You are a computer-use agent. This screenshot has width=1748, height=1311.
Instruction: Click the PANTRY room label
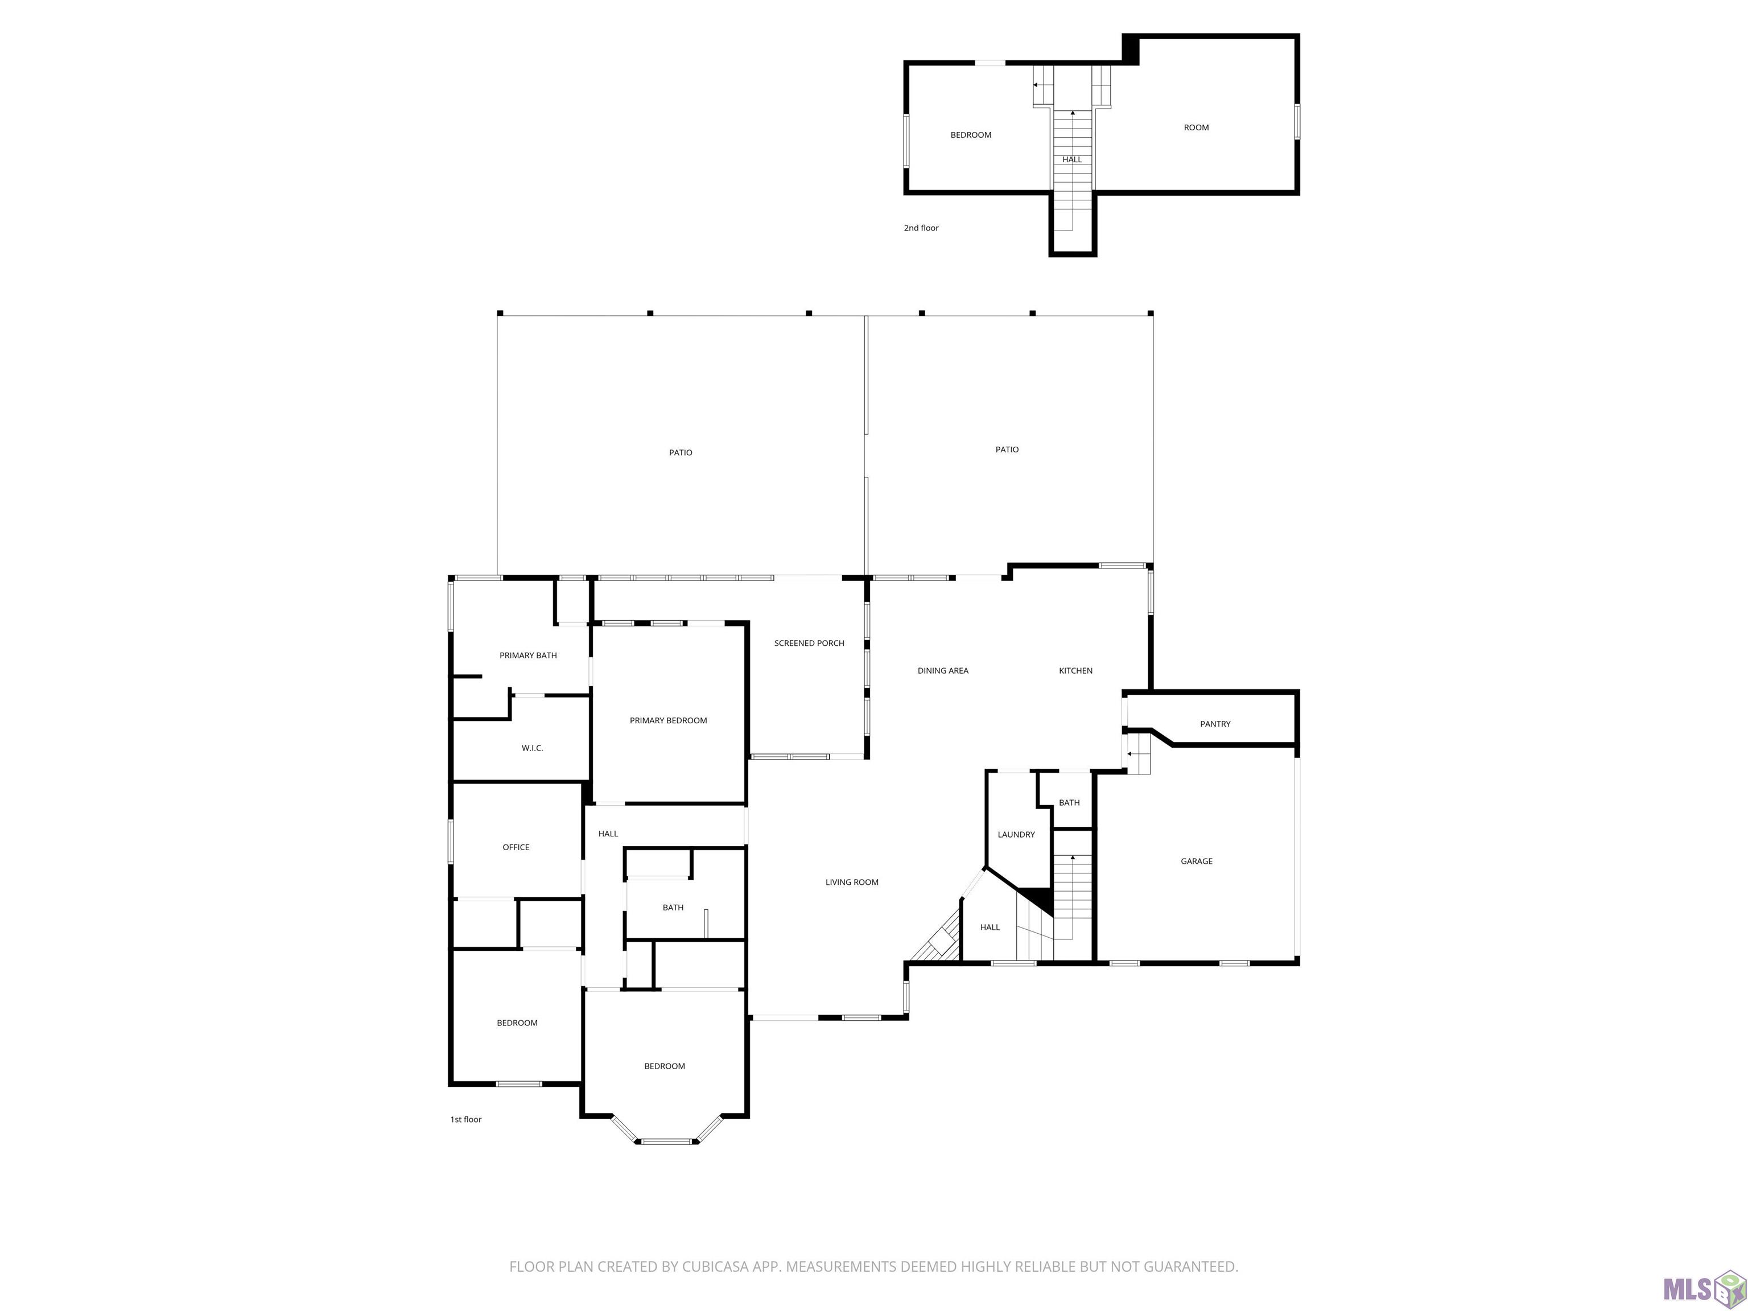pyautogui.click(x=1215, y=724)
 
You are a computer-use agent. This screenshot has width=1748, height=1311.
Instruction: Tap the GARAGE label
pyautogui.click(x=1197, y=861)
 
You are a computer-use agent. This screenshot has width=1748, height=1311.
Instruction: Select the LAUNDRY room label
pyautogui.click(x=1016, y=835)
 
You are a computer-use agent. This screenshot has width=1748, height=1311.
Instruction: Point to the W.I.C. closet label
pyautogui.click(x=532, y=748)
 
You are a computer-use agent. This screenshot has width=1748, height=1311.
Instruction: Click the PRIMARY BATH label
pyautogui.click(x=528, y=655)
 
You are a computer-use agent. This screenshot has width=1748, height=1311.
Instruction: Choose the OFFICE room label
pyautogui.click(x=516, y=847)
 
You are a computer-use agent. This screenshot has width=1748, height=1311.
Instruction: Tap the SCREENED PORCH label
pyautogui.click(x=809, y=643)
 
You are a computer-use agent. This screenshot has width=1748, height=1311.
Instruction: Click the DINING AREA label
pyautogui.click(x=943, y=671)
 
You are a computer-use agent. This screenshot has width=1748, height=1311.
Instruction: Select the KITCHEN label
pyautogui.click(x=1075, y=671)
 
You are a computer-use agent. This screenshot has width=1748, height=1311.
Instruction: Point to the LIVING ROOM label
pyautogui.click(x=852, y=882)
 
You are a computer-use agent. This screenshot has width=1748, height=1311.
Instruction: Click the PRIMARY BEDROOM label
pyautogui.click(x=668, y=721)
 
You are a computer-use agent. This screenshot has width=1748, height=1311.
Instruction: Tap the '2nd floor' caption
pyautogui.click(x=921, y=228)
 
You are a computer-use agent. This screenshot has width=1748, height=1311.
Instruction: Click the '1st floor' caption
pyautogui.click(x=465, y=1120)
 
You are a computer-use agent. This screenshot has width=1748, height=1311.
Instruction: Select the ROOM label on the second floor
pyautogui.click(x=1197, y=127)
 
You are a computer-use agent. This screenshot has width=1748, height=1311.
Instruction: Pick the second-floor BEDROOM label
pyautogui.click(x=970, y=135)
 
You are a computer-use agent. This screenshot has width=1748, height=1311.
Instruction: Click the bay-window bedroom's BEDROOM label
pyautogui.click(x=664, y=1066)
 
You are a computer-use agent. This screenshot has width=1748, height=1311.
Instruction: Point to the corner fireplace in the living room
pyautogui.click(x=937, y=939)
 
